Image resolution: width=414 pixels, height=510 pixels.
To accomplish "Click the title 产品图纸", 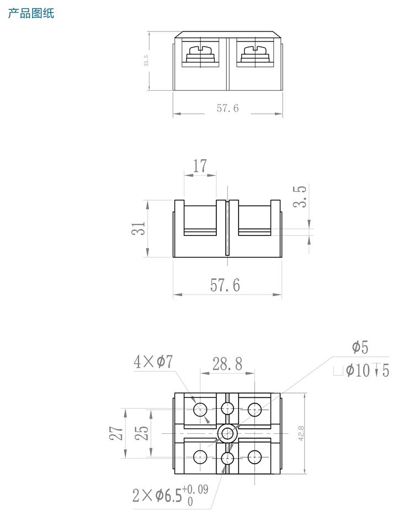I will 31,13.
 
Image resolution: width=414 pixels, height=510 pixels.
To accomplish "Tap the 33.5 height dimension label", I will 146,60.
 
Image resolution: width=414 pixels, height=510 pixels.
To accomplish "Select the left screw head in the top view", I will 200,54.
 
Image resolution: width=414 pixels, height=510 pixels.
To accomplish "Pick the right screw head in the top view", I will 254,54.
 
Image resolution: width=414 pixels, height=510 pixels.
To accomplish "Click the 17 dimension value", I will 200,166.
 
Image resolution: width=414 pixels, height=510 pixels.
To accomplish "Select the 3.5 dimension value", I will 300,197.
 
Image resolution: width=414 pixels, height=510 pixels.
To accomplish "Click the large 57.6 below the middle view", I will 225,285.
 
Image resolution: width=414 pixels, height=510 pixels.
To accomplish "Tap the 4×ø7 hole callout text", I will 153,362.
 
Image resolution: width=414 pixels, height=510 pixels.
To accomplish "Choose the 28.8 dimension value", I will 227,364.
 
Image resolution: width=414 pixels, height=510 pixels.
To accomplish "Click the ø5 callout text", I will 360,348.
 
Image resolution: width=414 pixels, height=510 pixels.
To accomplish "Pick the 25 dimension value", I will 142,433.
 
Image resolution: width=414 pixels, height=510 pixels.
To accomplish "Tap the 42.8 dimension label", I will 301,433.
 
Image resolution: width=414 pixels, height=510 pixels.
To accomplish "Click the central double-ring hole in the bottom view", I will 227,433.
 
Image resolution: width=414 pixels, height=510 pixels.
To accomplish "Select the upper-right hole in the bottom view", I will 254,409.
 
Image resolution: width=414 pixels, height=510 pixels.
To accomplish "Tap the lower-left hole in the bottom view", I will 200,458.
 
